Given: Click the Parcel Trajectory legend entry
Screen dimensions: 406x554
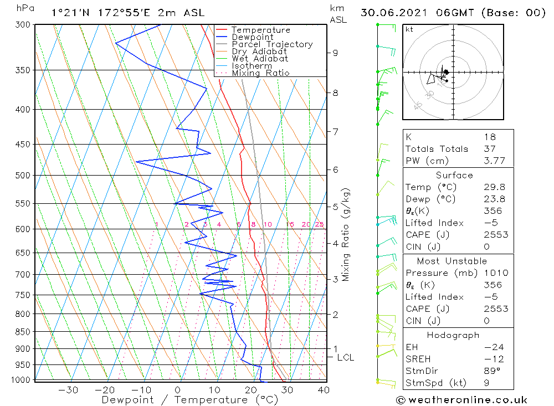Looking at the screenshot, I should (x=271, y=44).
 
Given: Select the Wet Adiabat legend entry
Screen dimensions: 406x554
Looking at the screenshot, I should (x=259, y=59).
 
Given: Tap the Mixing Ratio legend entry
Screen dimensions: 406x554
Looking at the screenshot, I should (x=260, y=73).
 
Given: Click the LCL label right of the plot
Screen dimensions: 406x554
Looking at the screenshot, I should (x=345, y=358).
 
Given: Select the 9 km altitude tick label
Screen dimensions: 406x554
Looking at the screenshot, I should (x=335, y=53).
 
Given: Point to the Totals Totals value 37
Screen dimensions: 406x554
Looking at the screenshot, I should (x=489, y=149).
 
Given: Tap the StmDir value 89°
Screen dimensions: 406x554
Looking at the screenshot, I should (x=491, y=371).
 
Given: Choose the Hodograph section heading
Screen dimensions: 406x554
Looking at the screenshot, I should (x=453, y=335).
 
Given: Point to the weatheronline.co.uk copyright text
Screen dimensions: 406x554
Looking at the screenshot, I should (x=461, y=400).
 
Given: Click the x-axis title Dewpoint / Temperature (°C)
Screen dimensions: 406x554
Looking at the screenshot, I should (x=189, y=400).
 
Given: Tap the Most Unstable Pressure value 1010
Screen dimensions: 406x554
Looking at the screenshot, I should (x=493, y=273).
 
